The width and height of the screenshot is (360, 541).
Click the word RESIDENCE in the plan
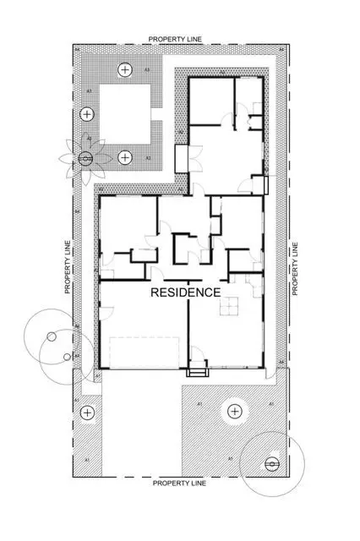click(185, 292)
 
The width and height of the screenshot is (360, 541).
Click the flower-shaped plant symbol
click(85, 157)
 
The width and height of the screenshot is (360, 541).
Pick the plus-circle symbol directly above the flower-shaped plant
click(86, 114)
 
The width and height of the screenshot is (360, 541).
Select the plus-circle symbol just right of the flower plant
click(125, 157)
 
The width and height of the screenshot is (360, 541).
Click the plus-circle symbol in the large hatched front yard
click(234, 413)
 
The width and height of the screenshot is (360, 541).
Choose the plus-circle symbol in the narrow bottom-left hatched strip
click(86, 413)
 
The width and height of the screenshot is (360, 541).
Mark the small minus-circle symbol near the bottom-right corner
click(271, 463)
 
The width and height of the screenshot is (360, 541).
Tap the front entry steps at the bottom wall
click(198, 369)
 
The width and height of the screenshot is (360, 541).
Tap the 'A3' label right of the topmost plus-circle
click(147, 69)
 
